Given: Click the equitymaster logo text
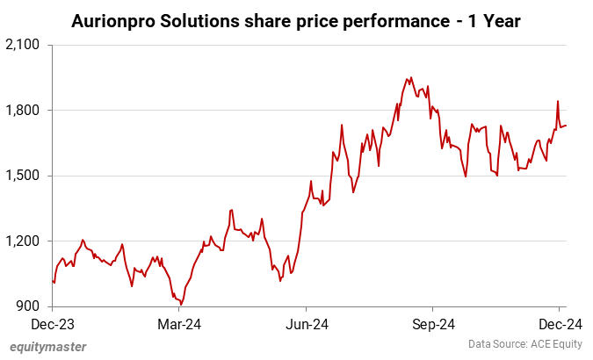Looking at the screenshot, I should coord(48,346).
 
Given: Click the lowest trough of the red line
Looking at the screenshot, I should coord(181,303).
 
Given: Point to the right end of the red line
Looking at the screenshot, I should coord(566,126).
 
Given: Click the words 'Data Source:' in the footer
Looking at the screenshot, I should coord(493,344).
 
